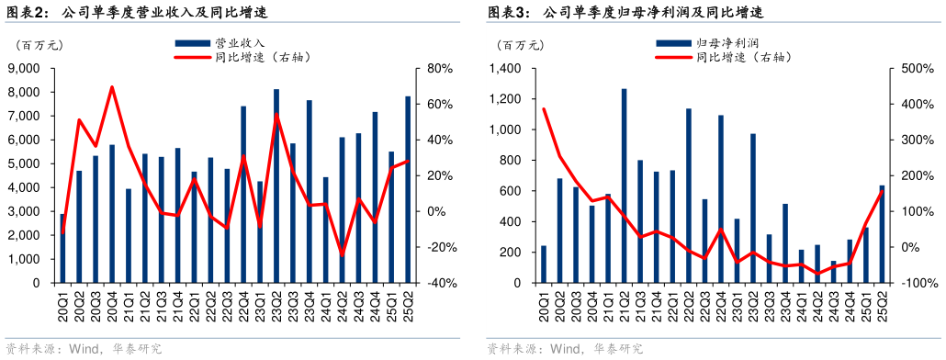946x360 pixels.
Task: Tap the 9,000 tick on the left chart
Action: pyautogui.click(x=23, y=69)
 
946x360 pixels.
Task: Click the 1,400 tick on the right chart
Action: pyautogui.click(x=504, y=69)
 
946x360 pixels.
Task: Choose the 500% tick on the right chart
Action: pyautogui.click(x=919, y=69)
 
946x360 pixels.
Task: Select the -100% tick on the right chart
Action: pyautogui.click(x=918, y=283)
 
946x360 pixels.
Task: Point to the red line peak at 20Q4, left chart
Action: pyautogui.click(x=112, y=87)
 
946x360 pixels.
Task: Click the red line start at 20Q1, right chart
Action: pyautogui.click(x=544, y=109)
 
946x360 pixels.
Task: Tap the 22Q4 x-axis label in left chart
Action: pyautogui.click(x=244, y=304)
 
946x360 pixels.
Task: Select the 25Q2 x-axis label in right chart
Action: pyautogui.click(x=883, y=304)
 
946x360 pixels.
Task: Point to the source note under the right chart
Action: pyautogui.click(x=564, y=349)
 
